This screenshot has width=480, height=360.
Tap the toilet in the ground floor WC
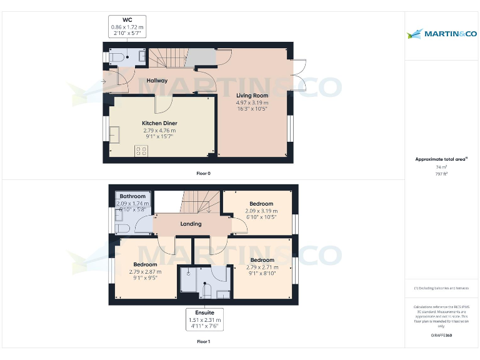(117, 57)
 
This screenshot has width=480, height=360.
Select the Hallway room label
(157, 81)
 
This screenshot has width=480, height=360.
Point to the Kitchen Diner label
(160, 123)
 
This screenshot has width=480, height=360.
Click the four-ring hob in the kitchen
(141, 150)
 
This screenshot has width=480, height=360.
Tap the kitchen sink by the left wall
(115, 134)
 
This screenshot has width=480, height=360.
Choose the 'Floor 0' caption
(203, 173)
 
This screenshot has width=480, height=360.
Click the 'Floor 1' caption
(203, 342)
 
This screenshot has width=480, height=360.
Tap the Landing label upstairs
(191, 224)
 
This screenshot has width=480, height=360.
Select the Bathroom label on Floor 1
(132, 196)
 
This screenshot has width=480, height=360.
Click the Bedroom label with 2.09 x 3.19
(261, 204)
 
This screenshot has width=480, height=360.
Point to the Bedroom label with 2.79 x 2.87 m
(145, 264)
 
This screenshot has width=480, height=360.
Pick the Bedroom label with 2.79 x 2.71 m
(261, 259)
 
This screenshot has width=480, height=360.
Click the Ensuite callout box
(205, 319)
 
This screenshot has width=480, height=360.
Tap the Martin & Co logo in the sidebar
(441, 33)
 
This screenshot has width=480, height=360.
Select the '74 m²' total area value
(441, 167)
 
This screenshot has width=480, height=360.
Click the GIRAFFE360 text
(441, 336)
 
